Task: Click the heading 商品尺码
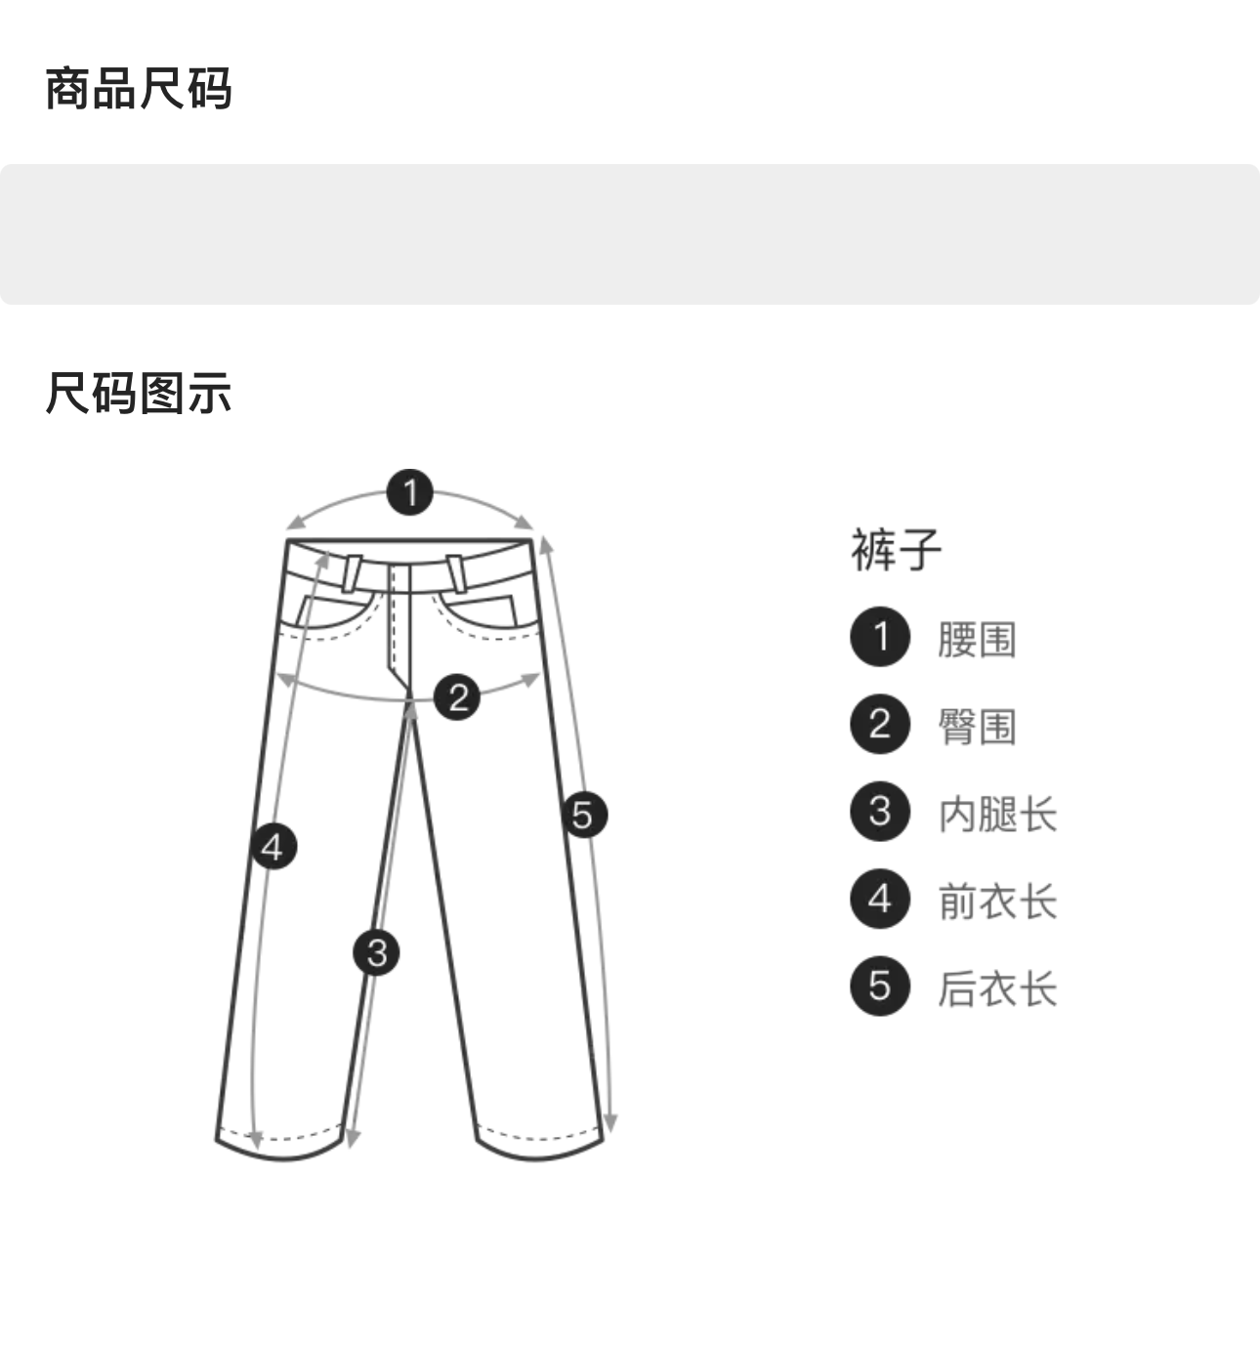coord(139,89)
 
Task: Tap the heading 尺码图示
coord(139,394)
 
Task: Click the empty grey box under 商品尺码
coord(630,234)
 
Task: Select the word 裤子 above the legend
coord(896,550)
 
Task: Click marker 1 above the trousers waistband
coord(410,492)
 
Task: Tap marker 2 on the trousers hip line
coord(457,697)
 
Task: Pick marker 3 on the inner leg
coord(377,952)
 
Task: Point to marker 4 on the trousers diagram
coord(273,846)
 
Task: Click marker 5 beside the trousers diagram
coord(584,815)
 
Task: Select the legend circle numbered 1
coord(880,637)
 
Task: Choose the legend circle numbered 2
coord(880,724)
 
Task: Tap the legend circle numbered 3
coord(880,812)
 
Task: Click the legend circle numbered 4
coord(880,899)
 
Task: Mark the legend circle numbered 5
coord(880,986)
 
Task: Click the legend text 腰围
coord(977,640)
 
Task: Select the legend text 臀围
coord(977,727)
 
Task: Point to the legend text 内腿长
coord(997,815)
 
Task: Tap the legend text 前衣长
coord(997,902)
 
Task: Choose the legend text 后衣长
coord(997,988)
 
